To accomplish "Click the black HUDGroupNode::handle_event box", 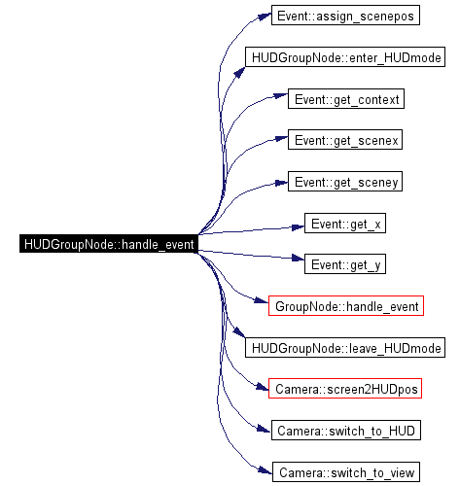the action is (x=109, y=244).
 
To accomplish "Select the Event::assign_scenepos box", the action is (x=345, y=16).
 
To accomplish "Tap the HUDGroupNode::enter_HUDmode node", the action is (x=345, y=57).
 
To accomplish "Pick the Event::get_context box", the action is (x=346, y=99).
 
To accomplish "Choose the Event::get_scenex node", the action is (x=345, y=140).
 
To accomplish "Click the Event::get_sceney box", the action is (x=345, y=182).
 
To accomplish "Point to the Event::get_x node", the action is (x=345, y=223).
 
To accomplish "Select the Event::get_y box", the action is (x=345, y=264).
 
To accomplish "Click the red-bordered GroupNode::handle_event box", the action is (x=346, y=305).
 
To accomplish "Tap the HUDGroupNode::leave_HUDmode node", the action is (x=345, y=348).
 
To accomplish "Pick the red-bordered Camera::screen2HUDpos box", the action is (x=345, y=389).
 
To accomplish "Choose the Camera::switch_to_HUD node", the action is (x=346, y=431).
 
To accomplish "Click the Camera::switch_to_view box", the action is (x=346, y=472).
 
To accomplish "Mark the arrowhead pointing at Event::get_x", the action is (x=299, y=227).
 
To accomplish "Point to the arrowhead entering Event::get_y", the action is (x=299, y=258).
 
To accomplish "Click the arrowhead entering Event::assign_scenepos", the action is (x=265, y=17).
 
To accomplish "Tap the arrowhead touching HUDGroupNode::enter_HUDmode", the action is (x=239, y=72).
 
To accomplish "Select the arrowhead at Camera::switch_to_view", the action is (x=265, y=470).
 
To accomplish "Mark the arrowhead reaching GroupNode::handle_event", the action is (x=262, y=301).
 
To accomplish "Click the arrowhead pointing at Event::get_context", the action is (x=281, y=96).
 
